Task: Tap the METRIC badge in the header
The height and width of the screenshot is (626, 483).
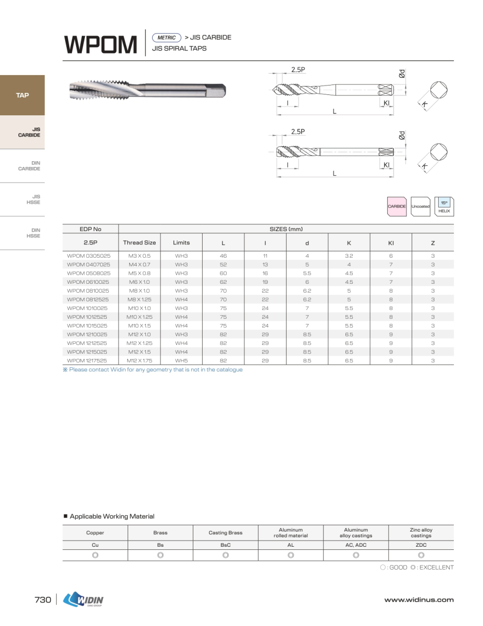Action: click(166, 38)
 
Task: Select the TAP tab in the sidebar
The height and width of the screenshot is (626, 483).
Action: click(22, 95)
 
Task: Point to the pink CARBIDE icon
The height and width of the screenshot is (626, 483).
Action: click(397, 206)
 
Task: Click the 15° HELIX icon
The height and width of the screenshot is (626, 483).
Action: click(444, 206)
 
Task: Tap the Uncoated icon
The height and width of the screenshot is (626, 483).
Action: click(420, 206)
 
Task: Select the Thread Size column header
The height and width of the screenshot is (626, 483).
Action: click(139, 243)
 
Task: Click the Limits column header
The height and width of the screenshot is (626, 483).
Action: click(181, 243)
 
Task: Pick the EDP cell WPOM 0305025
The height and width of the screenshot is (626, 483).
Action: click(89, 256)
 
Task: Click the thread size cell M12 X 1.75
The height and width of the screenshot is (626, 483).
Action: click(139, 360)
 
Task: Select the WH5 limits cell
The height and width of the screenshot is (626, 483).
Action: click(181, 360)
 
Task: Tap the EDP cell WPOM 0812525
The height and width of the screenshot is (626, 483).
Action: click(89, 299)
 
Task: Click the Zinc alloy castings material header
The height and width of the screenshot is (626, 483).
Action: click(420, 533)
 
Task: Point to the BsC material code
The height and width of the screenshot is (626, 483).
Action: click(225, 545)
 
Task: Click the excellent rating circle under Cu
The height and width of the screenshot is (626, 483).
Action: click(95, 555)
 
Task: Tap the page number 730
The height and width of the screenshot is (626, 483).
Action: click(43, 600)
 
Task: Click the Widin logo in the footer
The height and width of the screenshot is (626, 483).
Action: click(83, 599)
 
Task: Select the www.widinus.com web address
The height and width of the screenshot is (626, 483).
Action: click(418, 600)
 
